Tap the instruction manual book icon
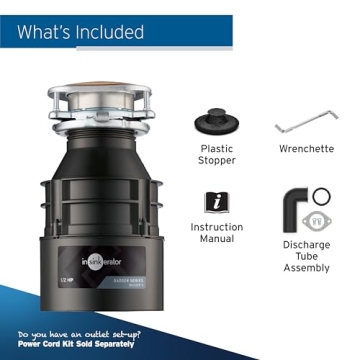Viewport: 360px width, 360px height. [x=216, y=203]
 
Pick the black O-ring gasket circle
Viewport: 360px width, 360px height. [x=322, y=195]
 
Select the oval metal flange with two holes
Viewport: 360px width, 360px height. [x=322, y=222]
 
